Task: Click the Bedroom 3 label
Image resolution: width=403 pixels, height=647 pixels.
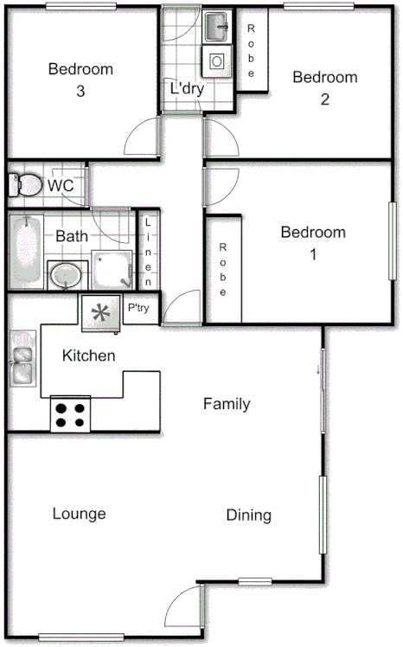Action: (80, 79)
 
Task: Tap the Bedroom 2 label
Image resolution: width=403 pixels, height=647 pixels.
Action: (324, 87)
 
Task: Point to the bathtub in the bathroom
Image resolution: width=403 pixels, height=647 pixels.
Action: (26, 251)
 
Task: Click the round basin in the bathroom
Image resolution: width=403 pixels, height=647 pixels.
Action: (65, 275)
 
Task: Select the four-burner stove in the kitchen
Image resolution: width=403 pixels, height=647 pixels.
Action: (71, 413)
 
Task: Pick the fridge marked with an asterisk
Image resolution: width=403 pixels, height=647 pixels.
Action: (101, 312)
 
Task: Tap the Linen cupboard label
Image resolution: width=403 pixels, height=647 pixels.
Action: (149, 252)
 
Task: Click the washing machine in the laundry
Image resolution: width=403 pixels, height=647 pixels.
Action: (215, 60)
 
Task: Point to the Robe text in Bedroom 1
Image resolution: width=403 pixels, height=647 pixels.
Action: (223, 269)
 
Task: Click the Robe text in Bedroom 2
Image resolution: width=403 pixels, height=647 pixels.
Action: (252, 50)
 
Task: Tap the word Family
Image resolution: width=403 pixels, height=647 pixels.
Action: (227, 403)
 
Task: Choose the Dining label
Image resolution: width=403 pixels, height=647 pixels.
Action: (248, 516)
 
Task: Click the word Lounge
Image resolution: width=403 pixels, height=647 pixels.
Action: (79, 514)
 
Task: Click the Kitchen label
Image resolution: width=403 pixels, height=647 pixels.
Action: (89, 356)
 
